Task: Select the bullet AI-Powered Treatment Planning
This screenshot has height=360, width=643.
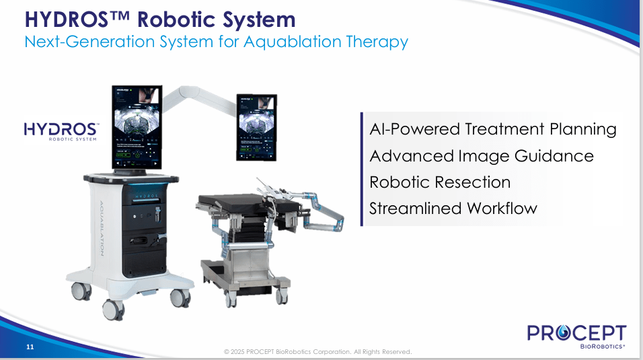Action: (492, 129)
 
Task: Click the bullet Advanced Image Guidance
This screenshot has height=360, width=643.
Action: (481, 156)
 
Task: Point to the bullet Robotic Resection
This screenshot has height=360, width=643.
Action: (440, 182)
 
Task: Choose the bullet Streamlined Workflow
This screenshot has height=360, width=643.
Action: (453, 208)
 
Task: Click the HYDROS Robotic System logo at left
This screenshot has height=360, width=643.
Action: (61, 131)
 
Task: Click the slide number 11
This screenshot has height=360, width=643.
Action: (30, 347)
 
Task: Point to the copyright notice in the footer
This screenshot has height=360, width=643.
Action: (317, 352)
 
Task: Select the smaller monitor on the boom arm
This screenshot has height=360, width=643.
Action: (256, 127)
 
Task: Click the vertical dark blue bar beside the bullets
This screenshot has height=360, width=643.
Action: (362, 168)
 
